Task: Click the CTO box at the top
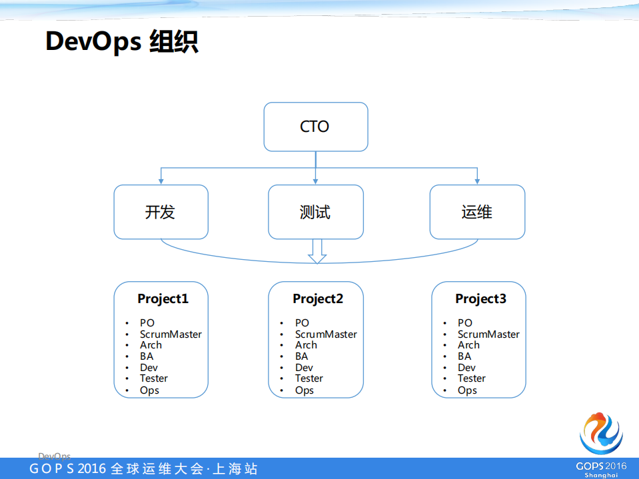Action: [315, 127]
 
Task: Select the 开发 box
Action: [161, 212]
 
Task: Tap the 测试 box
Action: [315, 212]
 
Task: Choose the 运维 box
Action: [477, 212]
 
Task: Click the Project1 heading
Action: [163, 298]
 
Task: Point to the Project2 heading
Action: [318, 298]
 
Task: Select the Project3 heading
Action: [480, 298]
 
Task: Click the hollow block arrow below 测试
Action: [317, 251]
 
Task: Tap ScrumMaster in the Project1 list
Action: [171, 334]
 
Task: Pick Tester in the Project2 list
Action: [309, 378]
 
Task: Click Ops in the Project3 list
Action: [467, 390]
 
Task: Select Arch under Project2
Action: [307, 345]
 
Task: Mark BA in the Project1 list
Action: [147, 356]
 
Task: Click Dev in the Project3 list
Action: [466, 368]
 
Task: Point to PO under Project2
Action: [303, 323]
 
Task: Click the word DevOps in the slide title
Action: [93, 41]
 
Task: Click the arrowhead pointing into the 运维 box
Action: [477, 181]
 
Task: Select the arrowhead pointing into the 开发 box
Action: [161, 181]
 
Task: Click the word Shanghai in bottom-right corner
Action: [601, 475]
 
